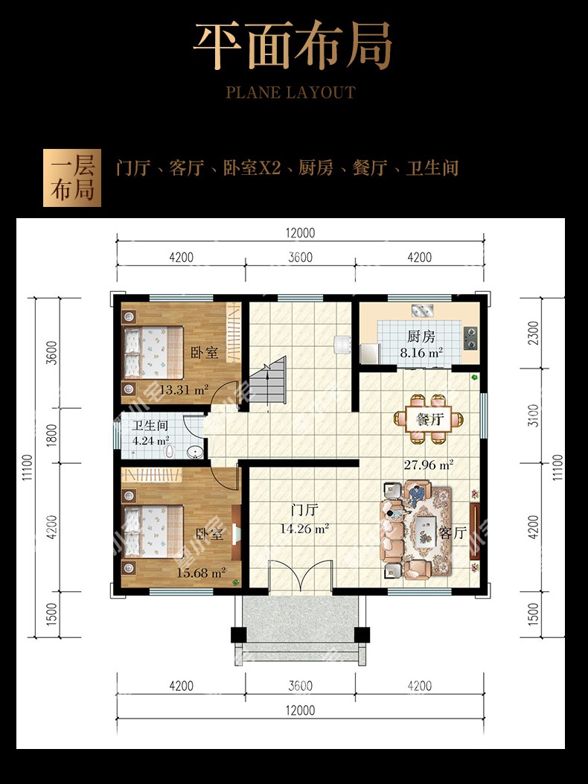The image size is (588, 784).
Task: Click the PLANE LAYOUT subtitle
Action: (x=290, y=92)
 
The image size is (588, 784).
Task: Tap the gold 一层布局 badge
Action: (x=72, y=178)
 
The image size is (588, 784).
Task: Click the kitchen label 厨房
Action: (x=421, y=337)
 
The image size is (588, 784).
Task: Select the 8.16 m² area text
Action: (x=421, y=353)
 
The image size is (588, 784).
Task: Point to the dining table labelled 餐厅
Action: (x=429, y=419)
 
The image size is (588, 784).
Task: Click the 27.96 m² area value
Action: (x=429, y=465)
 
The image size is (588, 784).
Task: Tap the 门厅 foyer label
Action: (x=304, y=511)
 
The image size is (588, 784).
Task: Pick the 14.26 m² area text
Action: (x=304, y=528)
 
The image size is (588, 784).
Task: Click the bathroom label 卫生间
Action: (x=150, y=426)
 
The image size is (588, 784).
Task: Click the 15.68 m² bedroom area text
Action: (x=201, y=573)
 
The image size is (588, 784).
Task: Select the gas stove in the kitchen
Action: (x=470, y=339)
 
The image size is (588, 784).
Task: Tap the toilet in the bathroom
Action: (x=170, y=451)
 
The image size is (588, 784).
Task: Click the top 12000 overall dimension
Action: (x=301, y=233)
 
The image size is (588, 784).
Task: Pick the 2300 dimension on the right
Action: (x=534, y=333)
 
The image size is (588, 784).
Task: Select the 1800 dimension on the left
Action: (x=51, y=436)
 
